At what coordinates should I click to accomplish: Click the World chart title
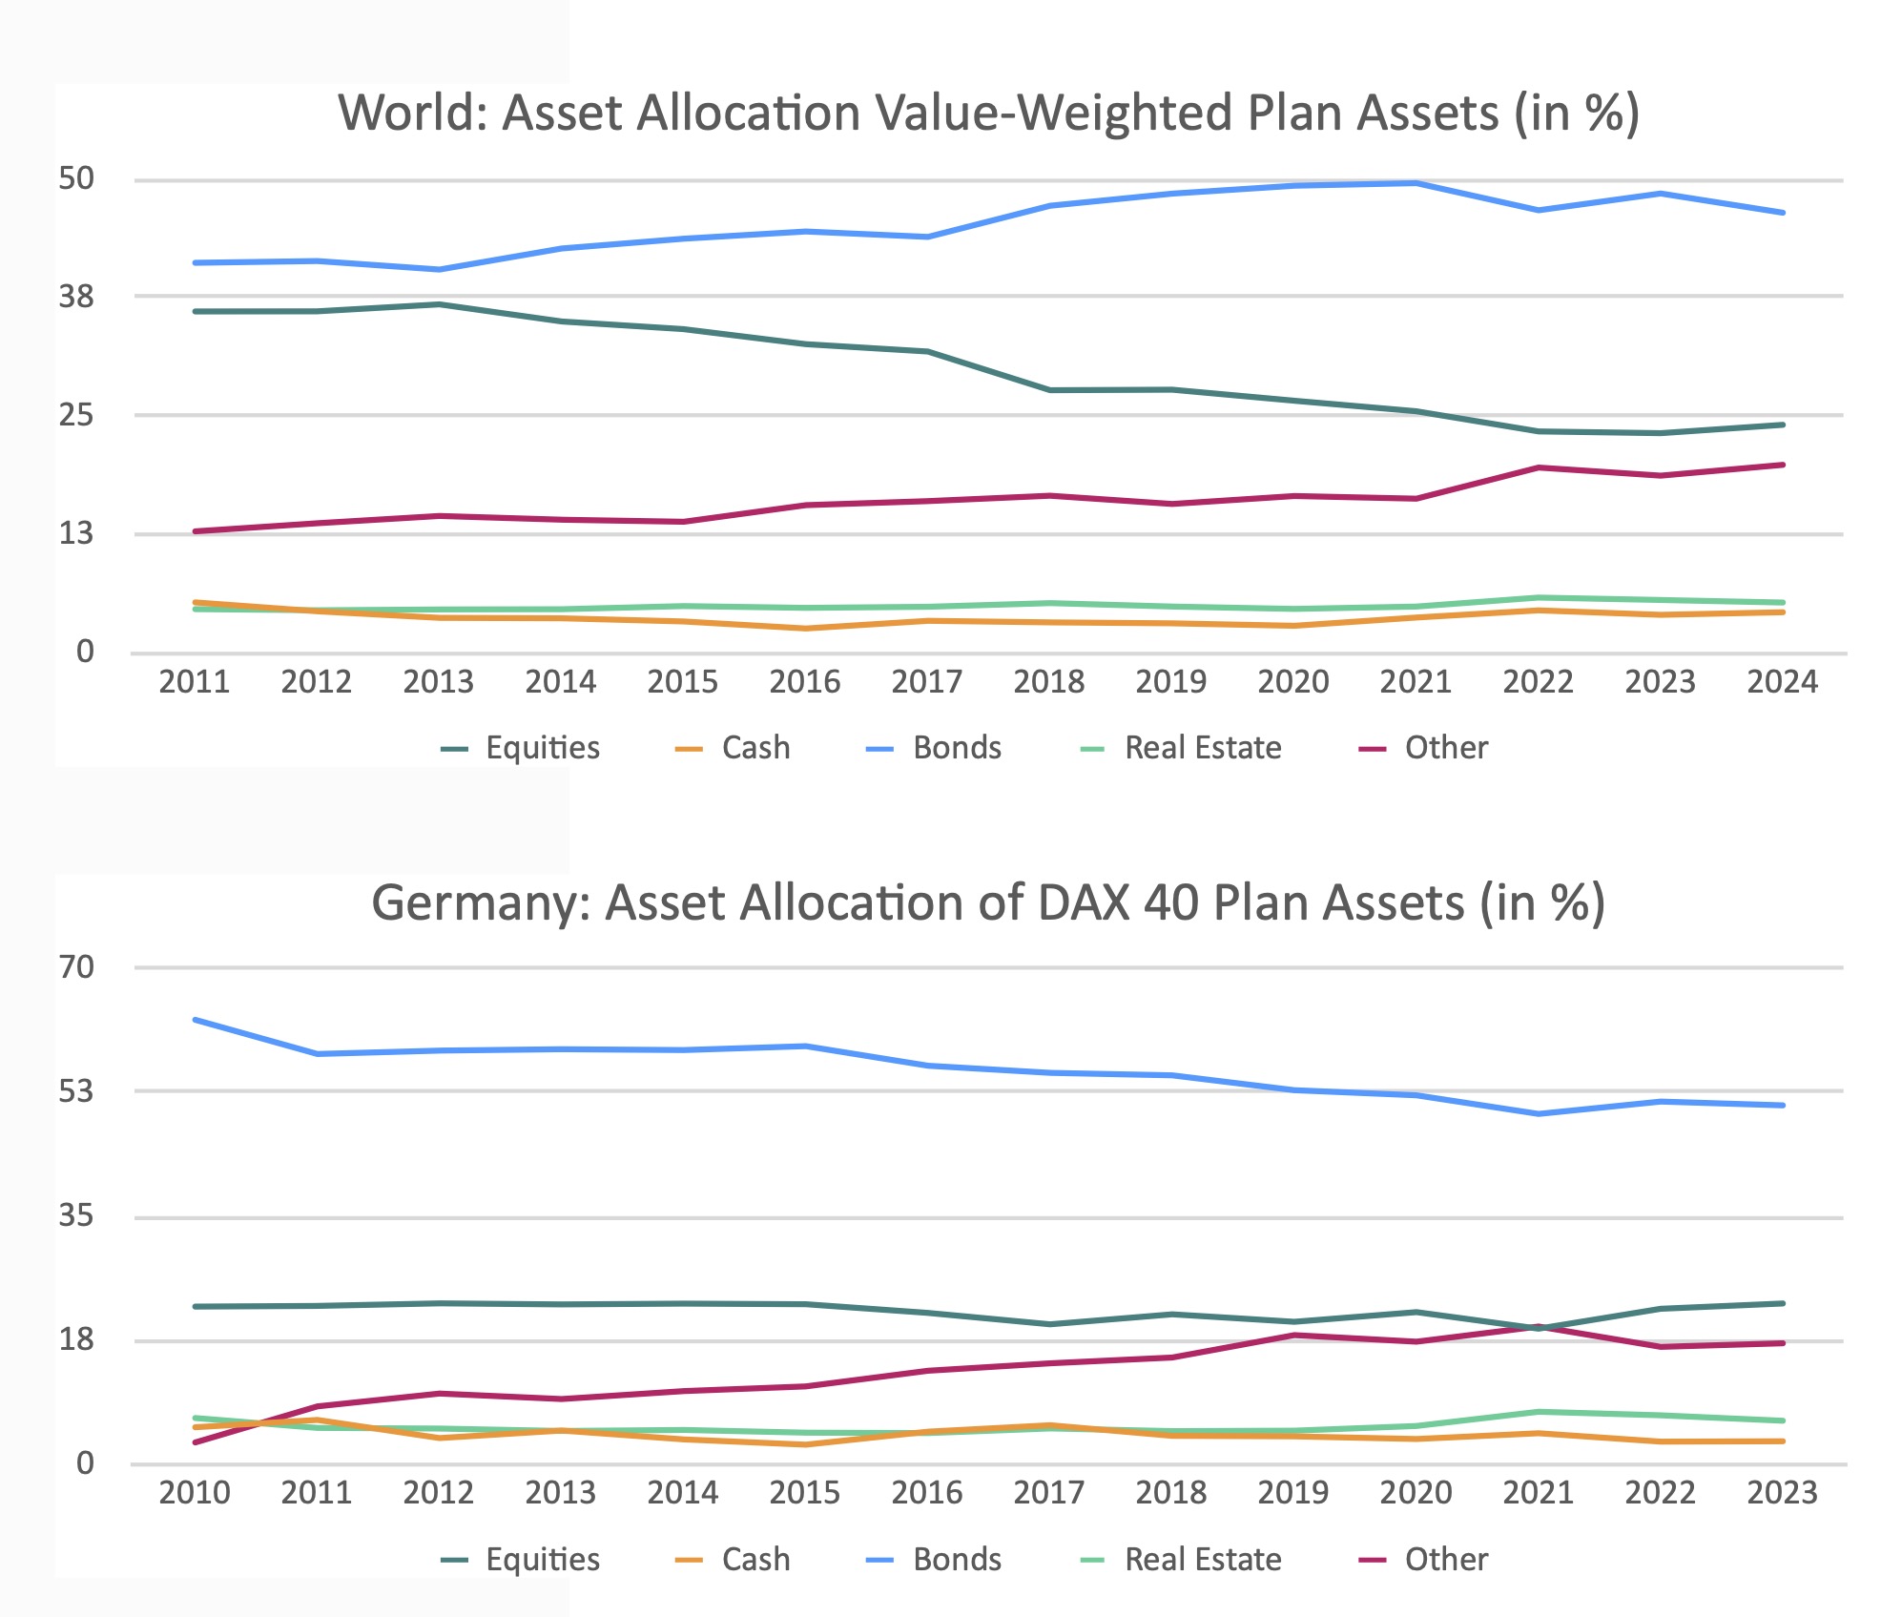tap(988, 113)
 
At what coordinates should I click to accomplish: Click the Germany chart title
tap(988, 902)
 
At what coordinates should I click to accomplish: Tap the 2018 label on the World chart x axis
tap(1048, 682)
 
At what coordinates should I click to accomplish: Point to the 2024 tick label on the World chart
tap(1782, 682)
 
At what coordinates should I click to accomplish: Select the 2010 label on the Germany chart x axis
tap(195, 1493)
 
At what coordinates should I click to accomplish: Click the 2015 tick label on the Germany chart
tap(805, 1493)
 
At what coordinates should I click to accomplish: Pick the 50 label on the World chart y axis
tap(76, 178)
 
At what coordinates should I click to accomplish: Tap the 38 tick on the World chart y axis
tap(76, 297)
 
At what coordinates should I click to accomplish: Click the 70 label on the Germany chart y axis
tap(76, 967)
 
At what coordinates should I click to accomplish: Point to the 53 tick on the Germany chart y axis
tap(76, 1090)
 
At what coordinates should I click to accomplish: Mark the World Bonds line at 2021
tap(1416, 183)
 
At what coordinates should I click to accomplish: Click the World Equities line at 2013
tap(439, 304)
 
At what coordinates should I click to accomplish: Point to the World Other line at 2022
tap(1538, 467)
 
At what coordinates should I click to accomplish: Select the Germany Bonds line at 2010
tap(195, 1020)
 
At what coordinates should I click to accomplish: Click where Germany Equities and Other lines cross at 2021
tap(1538, 1327)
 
